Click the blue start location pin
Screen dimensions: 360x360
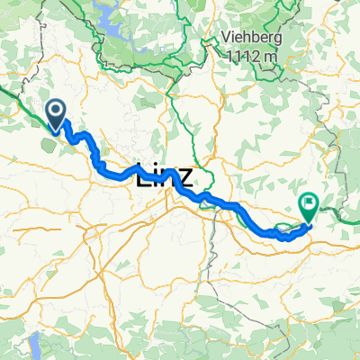(x=56, y=114)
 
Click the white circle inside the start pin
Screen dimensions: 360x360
(x=56, y=112)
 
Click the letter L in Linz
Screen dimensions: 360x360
(x=144, y=174)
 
